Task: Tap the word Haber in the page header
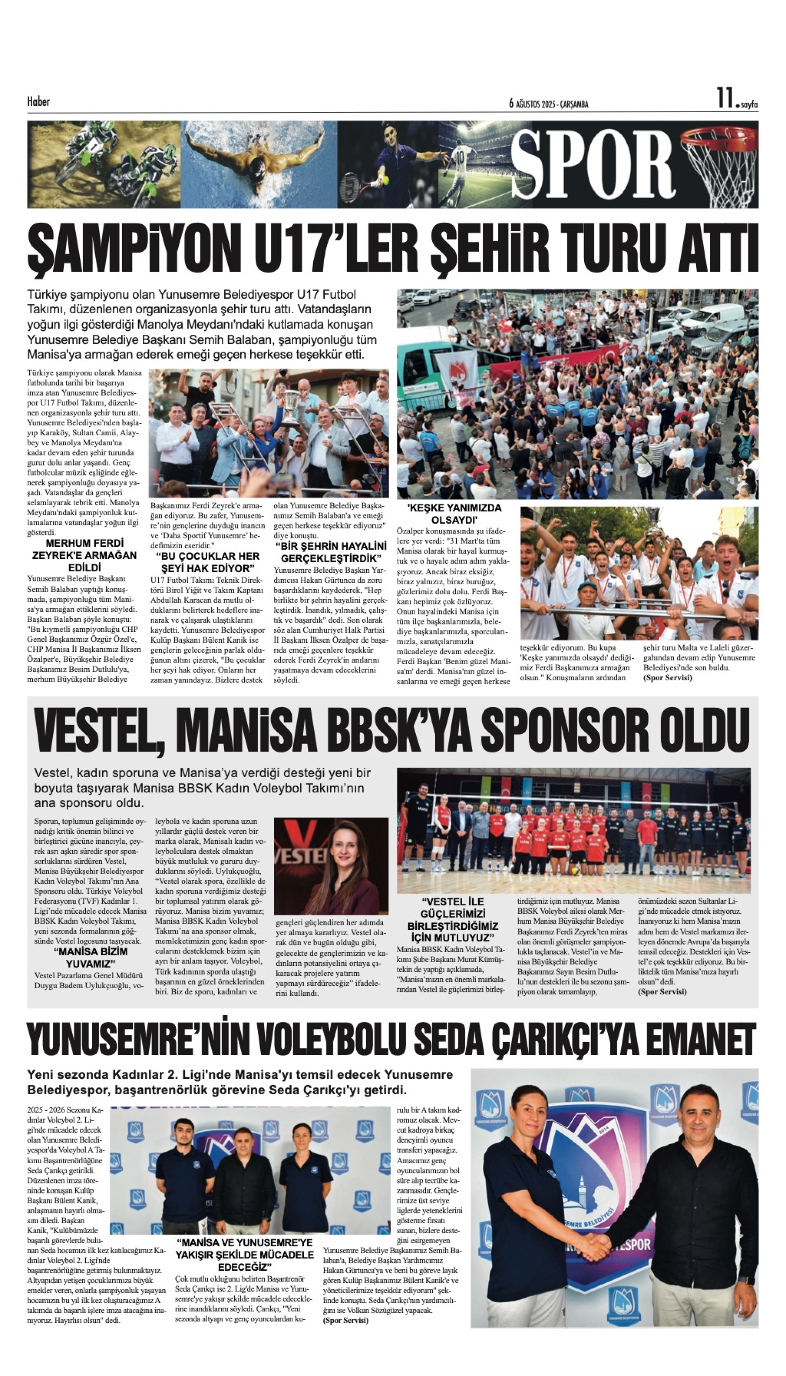pyautogui.click(x=38, y=101)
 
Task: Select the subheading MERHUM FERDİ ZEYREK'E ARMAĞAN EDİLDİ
pyautogui.click(x=85, y=555)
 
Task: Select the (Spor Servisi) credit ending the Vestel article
pyautogui.click(x=662, y=992)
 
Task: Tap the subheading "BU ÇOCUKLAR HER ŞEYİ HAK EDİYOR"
pyautogui.click(x=208, y=562)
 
